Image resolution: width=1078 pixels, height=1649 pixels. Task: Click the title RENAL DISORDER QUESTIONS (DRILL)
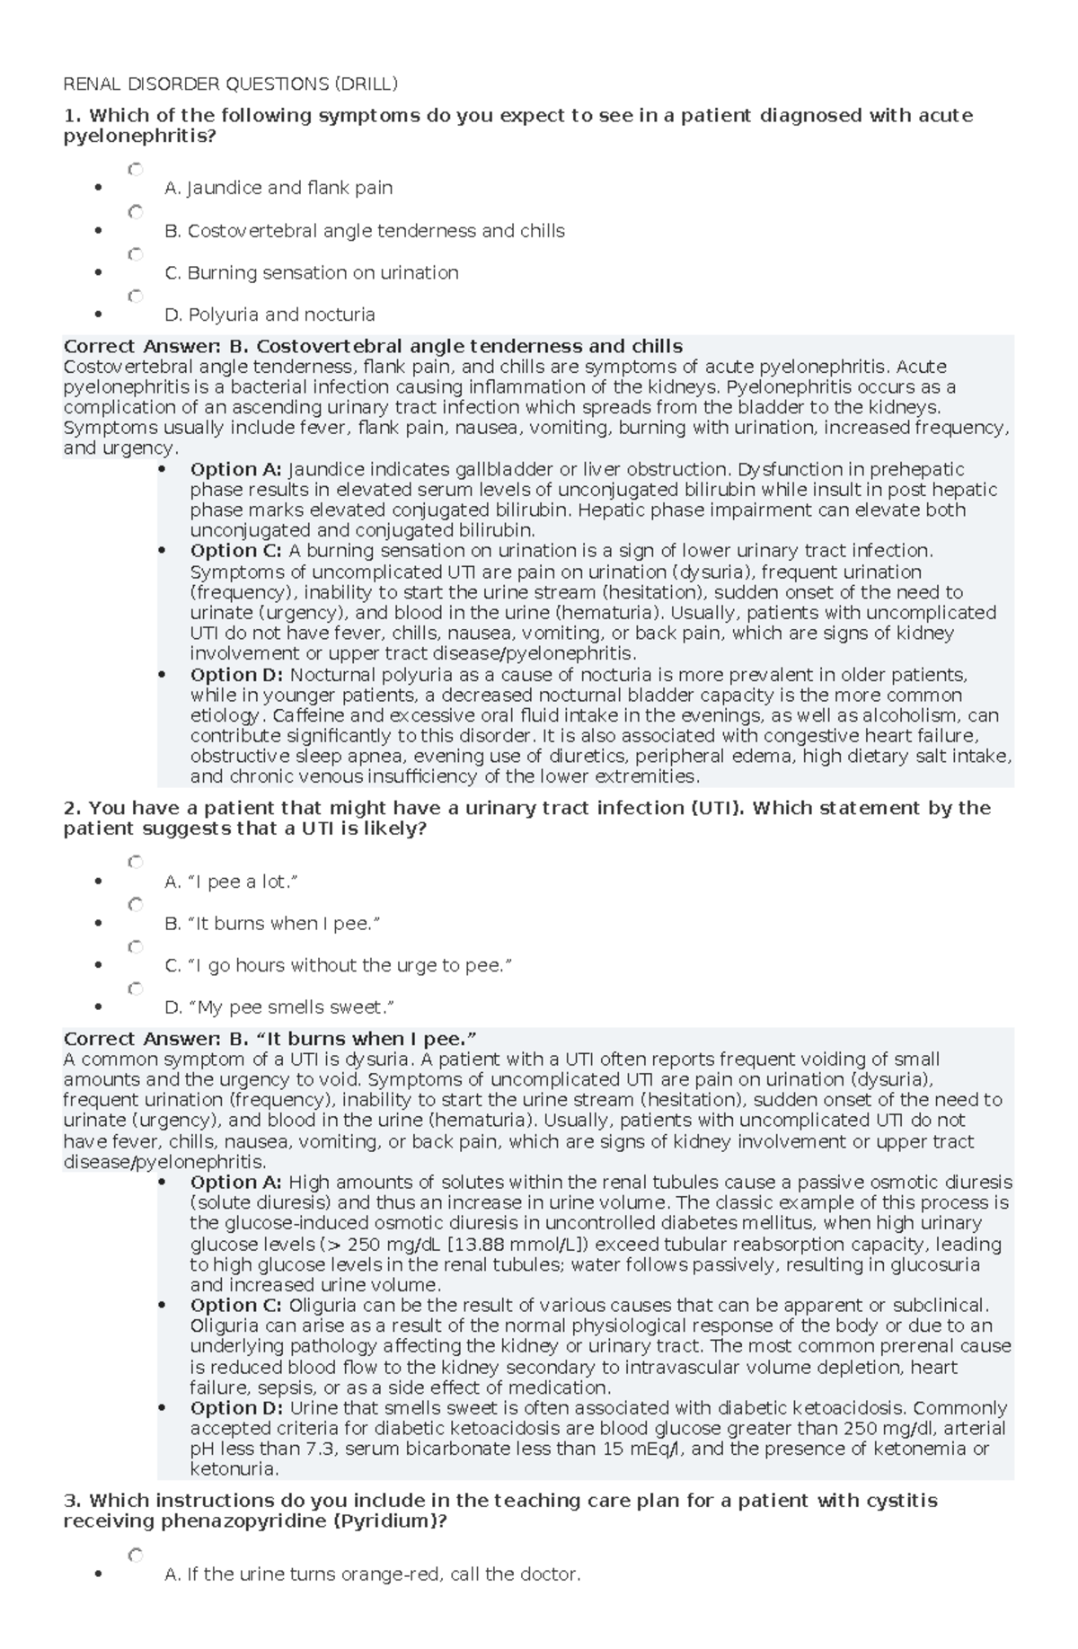click(x=230, y=84)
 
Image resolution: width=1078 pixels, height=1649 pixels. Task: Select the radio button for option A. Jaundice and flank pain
click(x=136, y=169)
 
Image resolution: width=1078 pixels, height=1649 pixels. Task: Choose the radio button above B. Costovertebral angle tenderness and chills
click(x=136, y=212)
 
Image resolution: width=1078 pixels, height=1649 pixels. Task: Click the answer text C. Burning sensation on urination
click(x=312, y=272)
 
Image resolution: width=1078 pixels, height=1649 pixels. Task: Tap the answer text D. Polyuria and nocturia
click(x=269, y=315)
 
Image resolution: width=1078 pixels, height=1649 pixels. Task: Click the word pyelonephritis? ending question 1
click(x=139, y=136)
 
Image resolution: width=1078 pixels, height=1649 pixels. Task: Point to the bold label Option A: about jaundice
click(x=235, y=469)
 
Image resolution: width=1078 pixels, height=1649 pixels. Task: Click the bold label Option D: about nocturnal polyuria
click(x=235, y=675)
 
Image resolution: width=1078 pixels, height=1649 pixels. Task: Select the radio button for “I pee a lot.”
click(x=136, y=862)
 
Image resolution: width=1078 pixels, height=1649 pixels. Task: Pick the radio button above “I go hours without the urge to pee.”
click(x=136, y=946)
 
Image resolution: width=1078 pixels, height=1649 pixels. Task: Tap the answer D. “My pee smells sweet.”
click(x=280, y=1007)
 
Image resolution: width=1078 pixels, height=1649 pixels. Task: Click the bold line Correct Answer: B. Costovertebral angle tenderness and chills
click(x=373, y=346)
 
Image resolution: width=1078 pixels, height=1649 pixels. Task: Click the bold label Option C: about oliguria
click(x=235, y=1306)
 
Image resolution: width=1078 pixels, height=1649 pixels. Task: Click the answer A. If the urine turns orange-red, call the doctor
click(x=373, y=1574)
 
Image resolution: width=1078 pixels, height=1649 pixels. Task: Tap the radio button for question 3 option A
click(x=136, y=1554)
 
